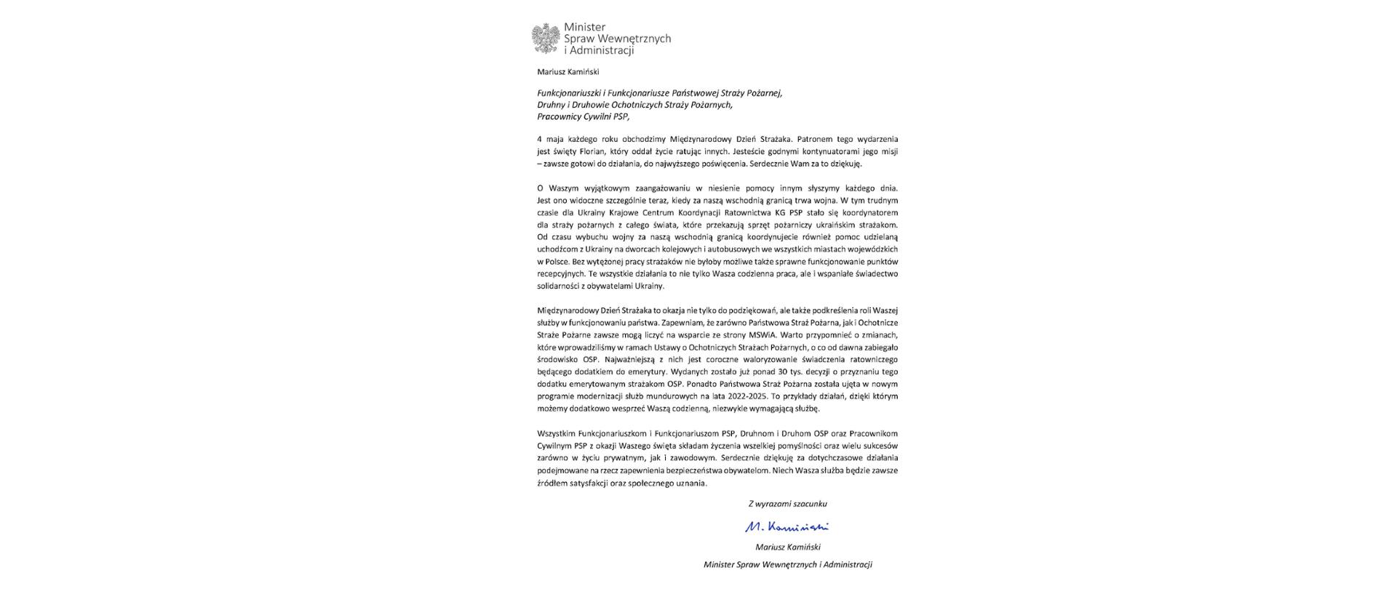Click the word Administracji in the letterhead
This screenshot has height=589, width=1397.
[602, 51]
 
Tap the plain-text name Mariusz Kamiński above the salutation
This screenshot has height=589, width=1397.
[568, 72]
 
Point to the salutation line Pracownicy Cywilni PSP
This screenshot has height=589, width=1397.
[583, 116]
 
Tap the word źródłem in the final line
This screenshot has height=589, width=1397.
[551, 483]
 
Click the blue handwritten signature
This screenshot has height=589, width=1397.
[787, 527]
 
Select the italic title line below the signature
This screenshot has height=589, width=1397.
[787, 565]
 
